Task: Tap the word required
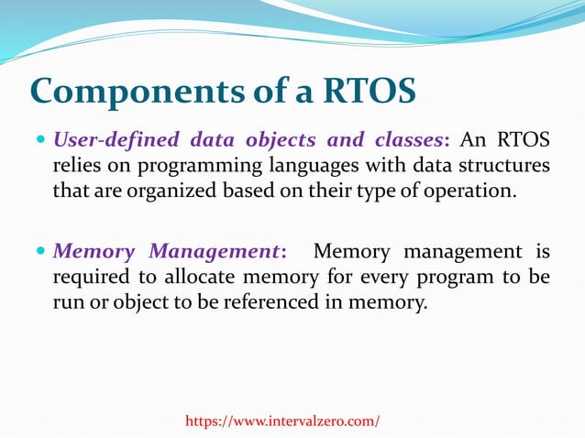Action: (88, 277)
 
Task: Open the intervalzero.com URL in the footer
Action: (281, 421)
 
